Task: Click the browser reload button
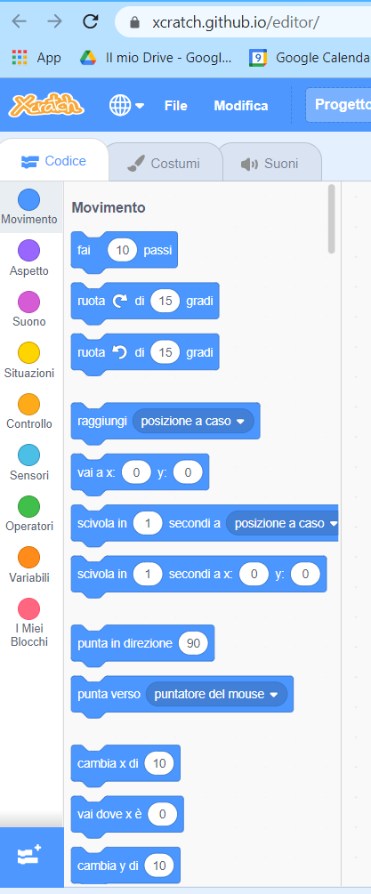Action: tap(91, 21)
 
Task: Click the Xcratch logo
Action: tap(47, 105)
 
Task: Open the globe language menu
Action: tap(126, 106)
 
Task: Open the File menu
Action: tap(175, 106)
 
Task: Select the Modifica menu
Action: tap(240, 106)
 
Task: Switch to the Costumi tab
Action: tap(164, 164)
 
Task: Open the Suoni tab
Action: tap(270, 164)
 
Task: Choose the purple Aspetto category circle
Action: tap(29, 250)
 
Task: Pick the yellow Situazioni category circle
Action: tap(29, 352)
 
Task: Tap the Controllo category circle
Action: tap(29, 404)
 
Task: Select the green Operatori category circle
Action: tap(29, 506)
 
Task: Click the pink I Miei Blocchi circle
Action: tap(29, 608)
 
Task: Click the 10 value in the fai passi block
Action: tap(123, 250)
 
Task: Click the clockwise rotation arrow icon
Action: tap(120, 301)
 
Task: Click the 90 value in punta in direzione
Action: tap(193, 643)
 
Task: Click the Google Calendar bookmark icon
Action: tap(258, 58)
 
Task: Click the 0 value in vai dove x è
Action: tap(163, 814)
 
